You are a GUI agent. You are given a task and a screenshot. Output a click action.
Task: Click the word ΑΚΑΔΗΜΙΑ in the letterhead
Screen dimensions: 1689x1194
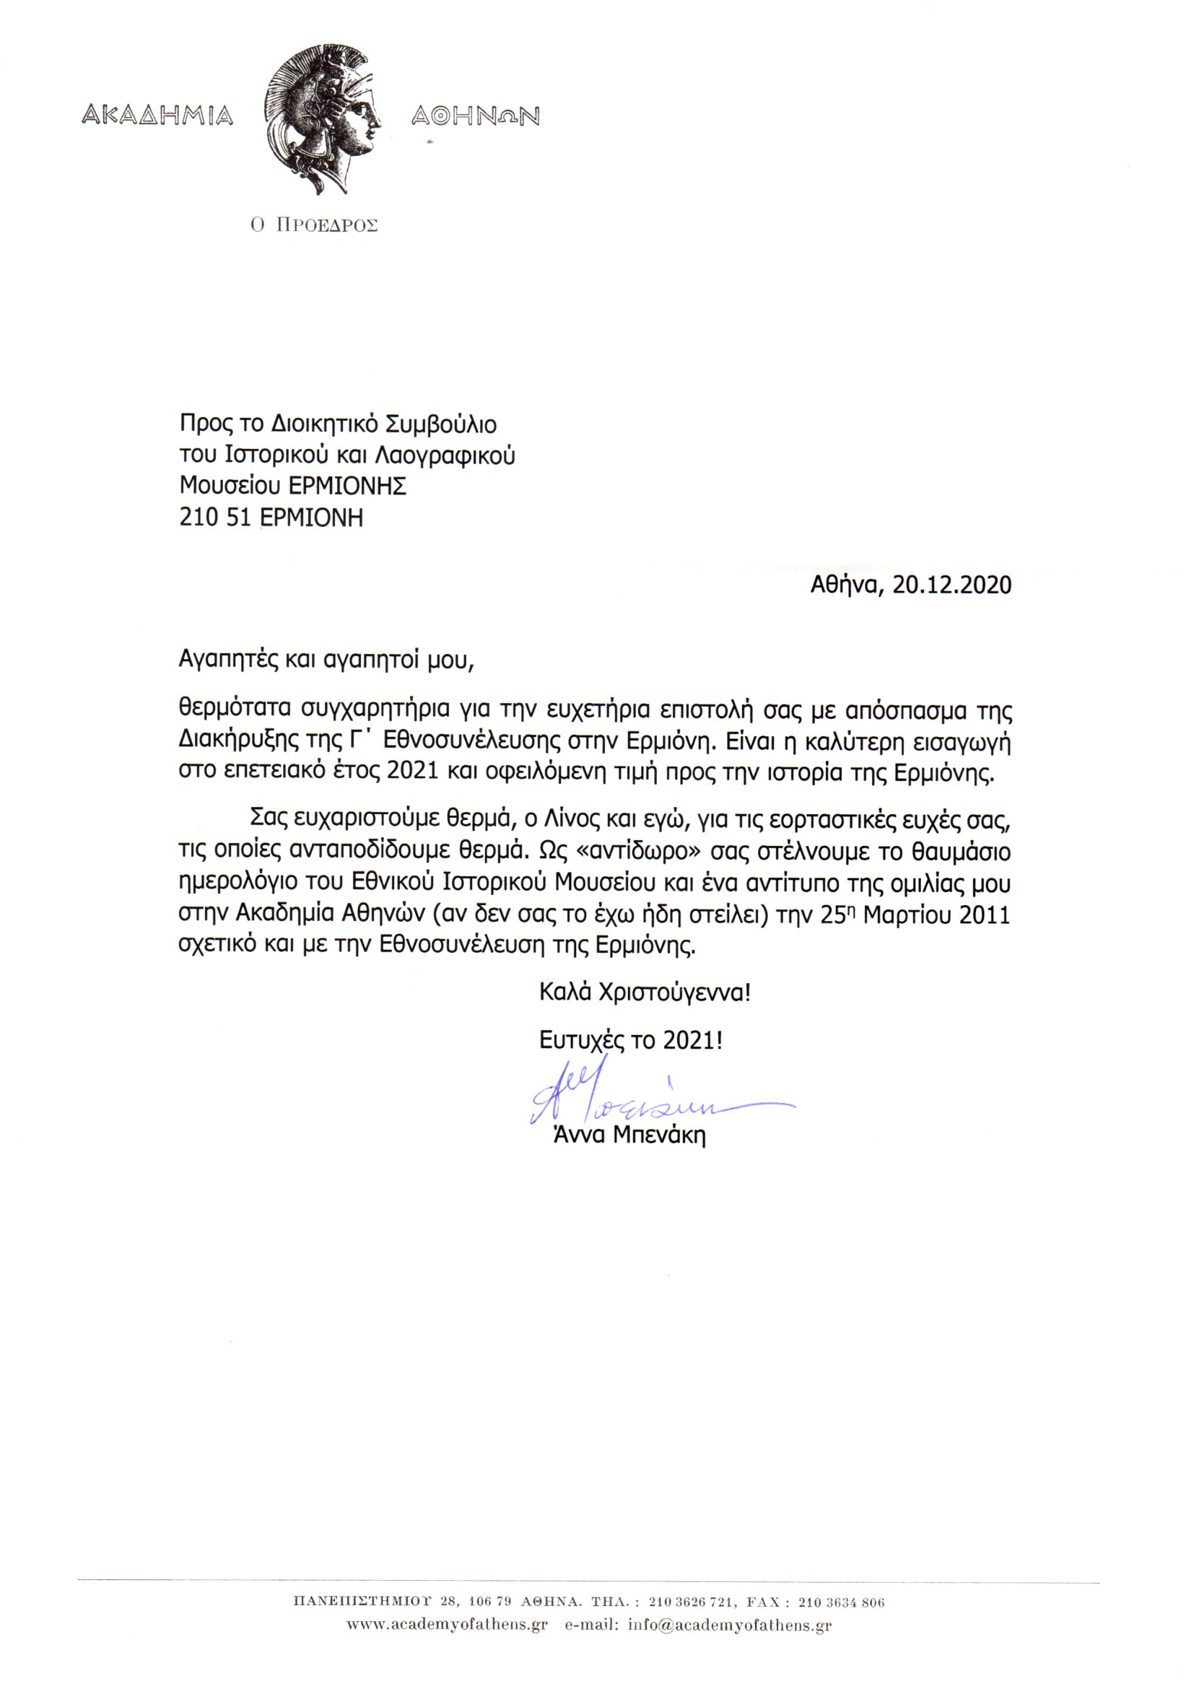click(157, 115)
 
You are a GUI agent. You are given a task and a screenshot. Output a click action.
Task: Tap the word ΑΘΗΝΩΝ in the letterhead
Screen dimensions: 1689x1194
click(475, 116)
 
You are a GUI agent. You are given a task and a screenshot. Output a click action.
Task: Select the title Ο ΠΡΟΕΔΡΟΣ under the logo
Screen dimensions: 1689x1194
click(313, 226)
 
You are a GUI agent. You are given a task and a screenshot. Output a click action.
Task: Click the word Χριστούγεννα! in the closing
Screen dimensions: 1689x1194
click(675, 993)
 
